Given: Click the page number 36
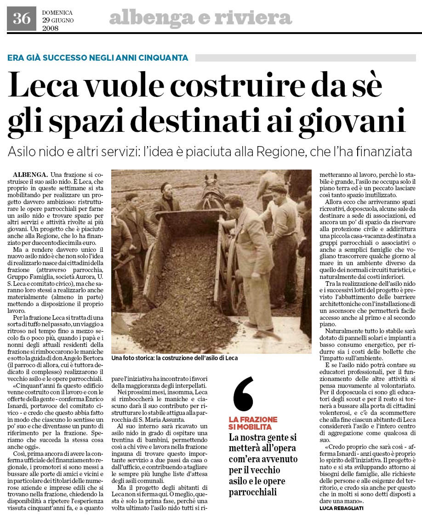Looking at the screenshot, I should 21,18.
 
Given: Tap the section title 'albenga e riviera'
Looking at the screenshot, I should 200,18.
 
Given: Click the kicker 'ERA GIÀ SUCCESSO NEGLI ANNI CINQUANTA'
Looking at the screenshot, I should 98,58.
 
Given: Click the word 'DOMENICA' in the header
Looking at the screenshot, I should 57,12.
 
